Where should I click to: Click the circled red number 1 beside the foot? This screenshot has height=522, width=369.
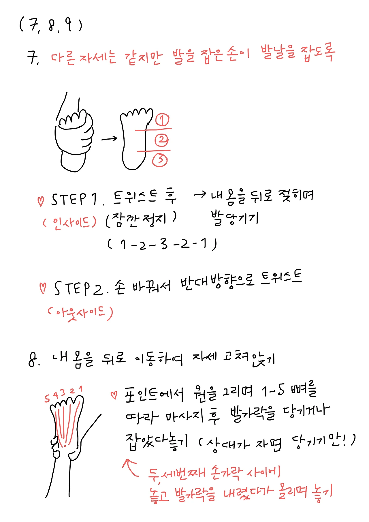pyautogui.click(x=163, y=120)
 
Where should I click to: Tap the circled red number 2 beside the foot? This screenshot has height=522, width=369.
pyautogui.click(x=161, y=140)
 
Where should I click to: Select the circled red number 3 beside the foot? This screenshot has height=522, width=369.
pyautogui.click(x=160, y=160)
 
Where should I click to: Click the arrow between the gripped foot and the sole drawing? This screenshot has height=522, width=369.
pyautogui.click(x=109, y=139)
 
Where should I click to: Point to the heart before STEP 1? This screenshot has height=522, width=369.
pyautogui.click(x=41, y=201)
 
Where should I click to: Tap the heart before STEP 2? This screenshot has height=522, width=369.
pyautogui.click(x=43, y=288)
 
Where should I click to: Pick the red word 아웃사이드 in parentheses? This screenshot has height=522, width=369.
pyautogui.click(x=80, y=313)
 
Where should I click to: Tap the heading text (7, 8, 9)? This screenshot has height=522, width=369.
pyautogui.click(x=51, y=25)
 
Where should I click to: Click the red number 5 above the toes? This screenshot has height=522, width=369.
pyautogui.click(x=47, y=399)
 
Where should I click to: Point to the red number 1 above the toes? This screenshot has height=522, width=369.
pyautogui.click(x=81, y=389)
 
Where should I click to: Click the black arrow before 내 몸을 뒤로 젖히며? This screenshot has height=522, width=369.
pyautogui.click(x=200, y=195)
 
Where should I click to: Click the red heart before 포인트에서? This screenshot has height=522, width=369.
pyautogui.click(x=114, y=395)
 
